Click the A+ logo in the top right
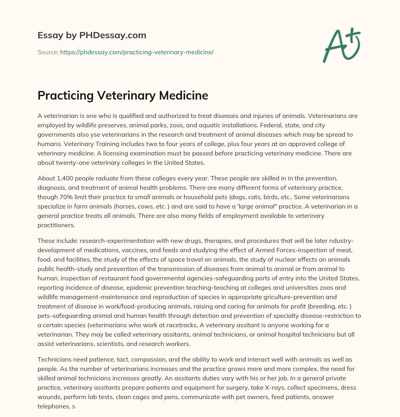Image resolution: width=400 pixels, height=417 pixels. (x=341, y=46)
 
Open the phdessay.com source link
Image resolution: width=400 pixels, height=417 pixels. (x=137, y=52)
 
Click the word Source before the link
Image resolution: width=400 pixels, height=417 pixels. (x=48, y=52)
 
